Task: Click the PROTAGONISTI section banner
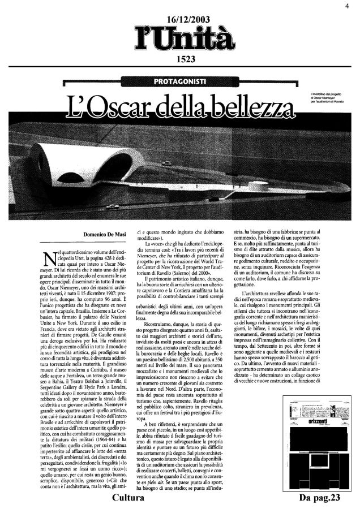click(180, 83)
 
